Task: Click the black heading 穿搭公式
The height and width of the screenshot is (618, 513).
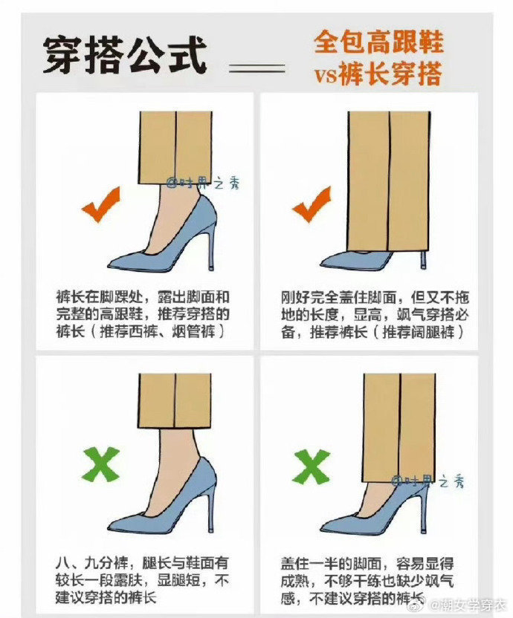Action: pos(125,56)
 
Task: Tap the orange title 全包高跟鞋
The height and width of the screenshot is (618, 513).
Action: pos(378,42)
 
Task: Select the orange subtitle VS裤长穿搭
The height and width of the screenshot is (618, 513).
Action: pos(378,73)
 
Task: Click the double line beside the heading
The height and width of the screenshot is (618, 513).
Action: pos(257,68)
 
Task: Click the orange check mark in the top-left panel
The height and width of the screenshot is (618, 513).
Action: pos(100,204)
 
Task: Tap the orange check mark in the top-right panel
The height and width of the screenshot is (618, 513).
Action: pos(312,204)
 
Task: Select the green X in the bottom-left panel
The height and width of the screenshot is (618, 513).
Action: pos(100,464)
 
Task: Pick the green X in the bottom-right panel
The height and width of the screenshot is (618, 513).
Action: pos(312,467)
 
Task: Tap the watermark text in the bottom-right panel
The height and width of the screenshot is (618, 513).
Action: pos(428,481)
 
